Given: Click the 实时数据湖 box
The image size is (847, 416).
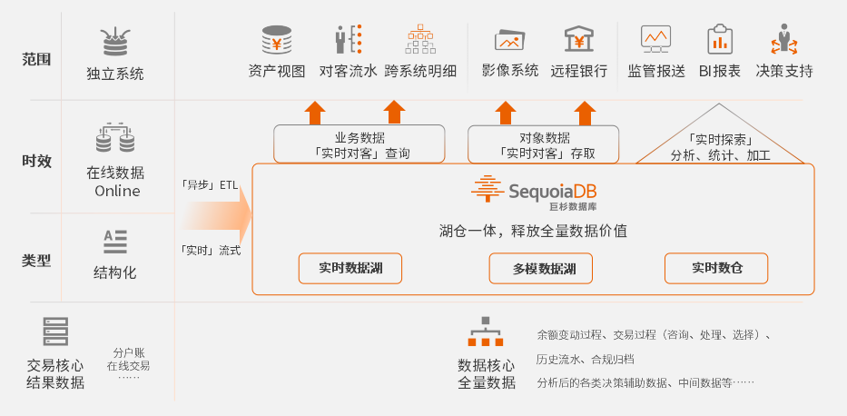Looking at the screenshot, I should tap(350, 268).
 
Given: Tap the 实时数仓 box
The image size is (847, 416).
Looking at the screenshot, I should tap(716, 268).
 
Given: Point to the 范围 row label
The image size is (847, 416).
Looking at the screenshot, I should tap(36, 59).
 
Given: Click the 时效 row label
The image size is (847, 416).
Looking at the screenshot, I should tap(36, 161).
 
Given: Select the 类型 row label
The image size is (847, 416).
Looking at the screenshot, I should tap(36, 261).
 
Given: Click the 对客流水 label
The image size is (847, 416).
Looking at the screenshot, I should tap(348, 71).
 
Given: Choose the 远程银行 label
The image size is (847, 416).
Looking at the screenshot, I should tap(578, 71).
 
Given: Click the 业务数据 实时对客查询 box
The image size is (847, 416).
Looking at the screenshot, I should tap(359, 144).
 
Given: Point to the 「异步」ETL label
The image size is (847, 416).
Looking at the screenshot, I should tap(210, 185).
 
